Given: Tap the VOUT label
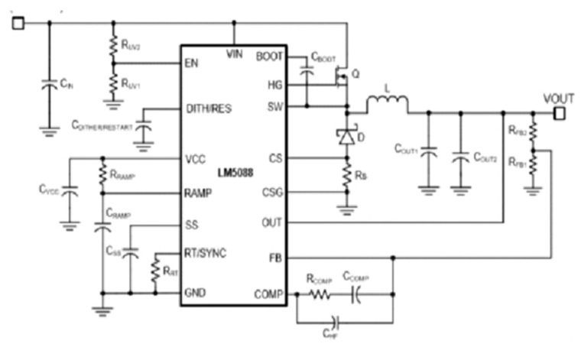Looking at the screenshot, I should click(x=559, y=99).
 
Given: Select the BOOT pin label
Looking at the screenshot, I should click(x=269, y=56).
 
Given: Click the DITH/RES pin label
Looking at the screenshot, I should click(x=208, y=109).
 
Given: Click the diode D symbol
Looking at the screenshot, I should click(x=346, y=136).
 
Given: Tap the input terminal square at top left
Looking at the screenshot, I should click(x=18, y=22).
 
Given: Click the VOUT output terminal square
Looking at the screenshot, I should click(x=560, y=113).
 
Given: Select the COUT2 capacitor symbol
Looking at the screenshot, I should click(x=460, y=157).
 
